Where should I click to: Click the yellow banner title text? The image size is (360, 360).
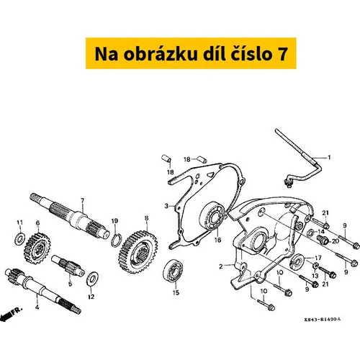click(191, 54)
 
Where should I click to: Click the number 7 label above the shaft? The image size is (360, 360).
click(83, 200)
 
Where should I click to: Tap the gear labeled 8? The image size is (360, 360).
click(138, 252)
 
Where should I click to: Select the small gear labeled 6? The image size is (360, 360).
click(37, 248)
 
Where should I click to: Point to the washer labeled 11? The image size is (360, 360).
click(19, 238)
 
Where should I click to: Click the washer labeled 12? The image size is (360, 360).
click(92, 279)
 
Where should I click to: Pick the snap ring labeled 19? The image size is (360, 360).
click(116, 240)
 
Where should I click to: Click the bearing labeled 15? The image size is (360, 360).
click(174, 271)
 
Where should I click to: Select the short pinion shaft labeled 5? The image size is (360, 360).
click(68, 265)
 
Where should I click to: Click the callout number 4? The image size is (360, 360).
click(37, 307)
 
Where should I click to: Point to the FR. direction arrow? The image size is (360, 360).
click(12, 314)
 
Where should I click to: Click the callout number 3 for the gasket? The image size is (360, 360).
click(166, 206)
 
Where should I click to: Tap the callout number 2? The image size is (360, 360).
click(221, 266)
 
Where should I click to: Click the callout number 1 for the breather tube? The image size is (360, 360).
click(329, 158)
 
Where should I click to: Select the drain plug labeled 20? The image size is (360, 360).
click(321, 239)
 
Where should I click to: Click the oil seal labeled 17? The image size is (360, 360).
click(297, 260)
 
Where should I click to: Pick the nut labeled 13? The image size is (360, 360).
click(316, 266)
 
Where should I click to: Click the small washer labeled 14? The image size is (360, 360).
click(311, 233)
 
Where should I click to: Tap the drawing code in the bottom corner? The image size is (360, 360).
click(323, 320)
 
